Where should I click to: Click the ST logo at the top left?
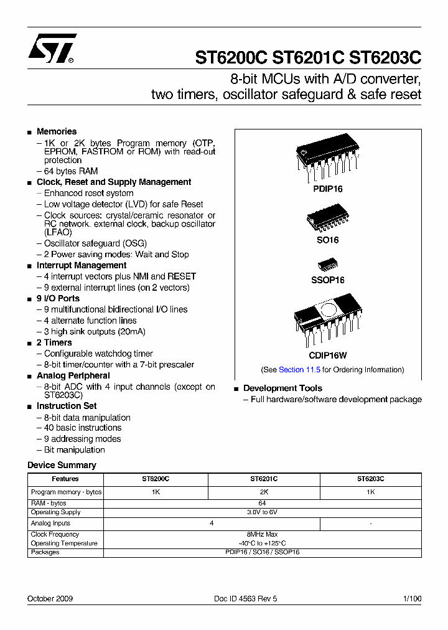coord(52,49)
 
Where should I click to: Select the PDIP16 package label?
coord(328,189)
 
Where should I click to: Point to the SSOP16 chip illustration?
coord(327,265)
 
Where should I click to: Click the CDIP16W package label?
coord(328,355)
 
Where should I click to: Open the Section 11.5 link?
coord(299,370)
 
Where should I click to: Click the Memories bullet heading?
coord(57,131)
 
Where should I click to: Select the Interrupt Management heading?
coord(82,265)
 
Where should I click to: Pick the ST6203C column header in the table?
coord(370,479)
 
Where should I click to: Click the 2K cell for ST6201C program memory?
coord(264,492)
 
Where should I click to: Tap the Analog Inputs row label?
coord(51,524)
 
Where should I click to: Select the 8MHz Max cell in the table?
coord(262,534)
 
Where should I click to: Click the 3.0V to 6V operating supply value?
coord(262,512)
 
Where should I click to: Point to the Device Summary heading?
coord(62,465)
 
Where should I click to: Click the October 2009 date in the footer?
coord(50,598)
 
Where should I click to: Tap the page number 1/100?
coord(412,598)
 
